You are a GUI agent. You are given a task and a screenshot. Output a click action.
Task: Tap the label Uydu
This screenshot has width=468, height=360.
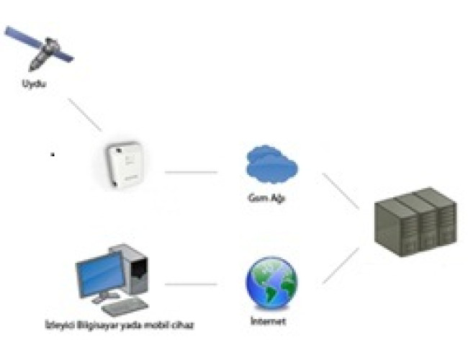coord(34,86)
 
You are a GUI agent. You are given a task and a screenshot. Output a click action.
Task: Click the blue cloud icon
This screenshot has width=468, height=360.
coord(271,164)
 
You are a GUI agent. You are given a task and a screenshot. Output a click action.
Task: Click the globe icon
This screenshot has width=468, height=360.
coord(271,283)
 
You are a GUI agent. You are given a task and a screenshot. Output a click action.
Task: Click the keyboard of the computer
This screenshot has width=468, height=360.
coord(125,305)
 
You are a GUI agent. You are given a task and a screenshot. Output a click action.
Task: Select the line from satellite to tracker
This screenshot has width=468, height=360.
coord(85,113)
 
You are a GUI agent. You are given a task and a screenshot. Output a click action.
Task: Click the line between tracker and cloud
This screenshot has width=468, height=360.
coord(191,172)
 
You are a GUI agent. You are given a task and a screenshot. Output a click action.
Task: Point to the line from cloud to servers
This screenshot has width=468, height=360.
coord(341,191)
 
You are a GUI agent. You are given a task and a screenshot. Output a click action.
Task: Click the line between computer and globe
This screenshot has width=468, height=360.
coord(191,284)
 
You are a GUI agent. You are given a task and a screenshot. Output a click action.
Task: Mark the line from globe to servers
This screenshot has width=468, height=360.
coord(341,264)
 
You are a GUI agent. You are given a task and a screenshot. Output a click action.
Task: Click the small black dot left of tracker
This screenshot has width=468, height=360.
coord(52,154)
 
